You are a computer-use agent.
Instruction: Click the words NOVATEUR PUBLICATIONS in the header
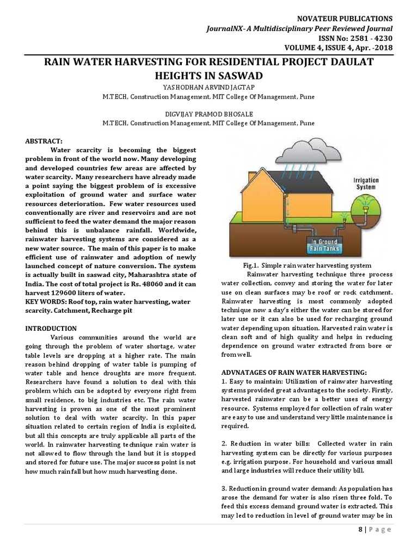tap(348, 18)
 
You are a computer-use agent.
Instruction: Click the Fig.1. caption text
tap(307, 265)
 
